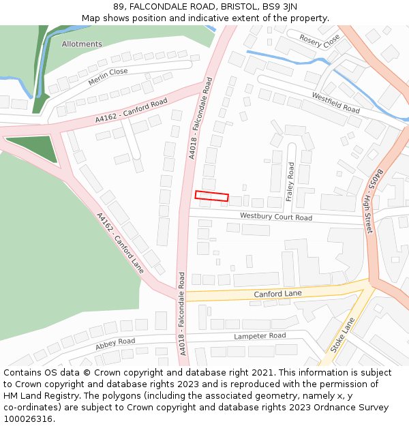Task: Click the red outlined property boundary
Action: coord(212,196)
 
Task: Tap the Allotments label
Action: coord(82,44)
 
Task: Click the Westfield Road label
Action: coord(335,103)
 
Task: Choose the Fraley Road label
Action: coord(290,182)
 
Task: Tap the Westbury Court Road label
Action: coord(275,217)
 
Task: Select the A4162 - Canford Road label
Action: coord(131,110)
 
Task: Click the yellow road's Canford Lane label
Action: coord(277,294)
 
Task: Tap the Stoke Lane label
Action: coord(342,334)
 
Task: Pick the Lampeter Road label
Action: coord(260,336)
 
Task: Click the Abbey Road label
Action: coord(115,344)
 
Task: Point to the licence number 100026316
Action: coord(27,419)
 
